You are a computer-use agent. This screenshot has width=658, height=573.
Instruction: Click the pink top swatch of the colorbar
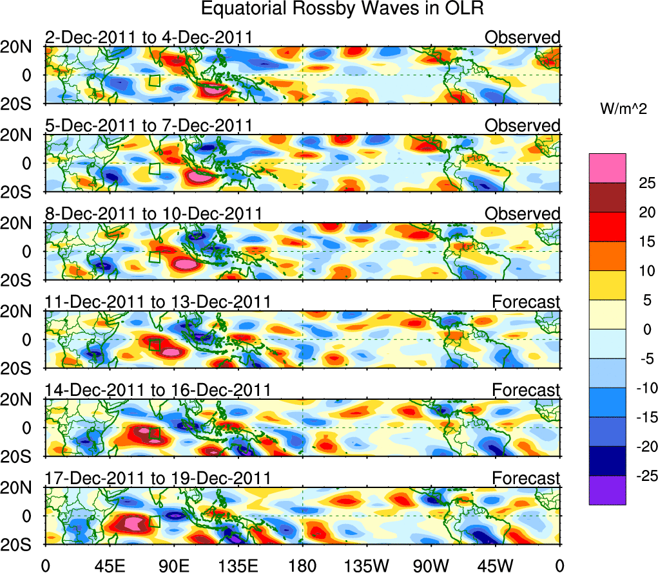[607, 168]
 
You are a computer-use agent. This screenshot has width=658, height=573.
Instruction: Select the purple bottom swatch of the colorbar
[607, 490]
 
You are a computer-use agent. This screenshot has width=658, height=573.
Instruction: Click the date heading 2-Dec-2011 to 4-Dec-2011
[148, 37]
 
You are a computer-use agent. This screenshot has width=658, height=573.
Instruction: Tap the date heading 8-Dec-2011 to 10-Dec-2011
[153, 214]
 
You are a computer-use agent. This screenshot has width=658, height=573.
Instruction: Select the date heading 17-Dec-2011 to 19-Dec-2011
[158, 478]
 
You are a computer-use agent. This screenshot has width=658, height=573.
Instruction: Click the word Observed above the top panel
[523, 37]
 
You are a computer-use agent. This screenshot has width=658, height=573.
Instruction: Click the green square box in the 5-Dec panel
[154, 169]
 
